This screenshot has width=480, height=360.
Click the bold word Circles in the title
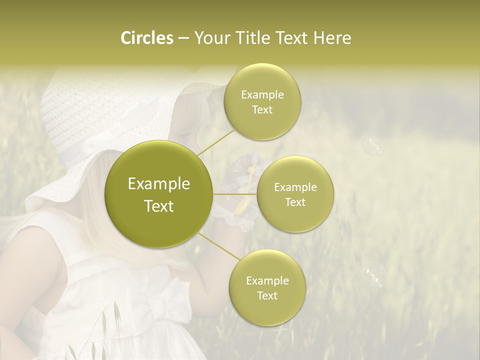(146, 38)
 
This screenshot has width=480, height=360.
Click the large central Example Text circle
(159, 194)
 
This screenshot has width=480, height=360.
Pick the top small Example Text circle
(262, 101)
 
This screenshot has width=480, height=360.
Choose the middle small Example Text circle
(295, 194)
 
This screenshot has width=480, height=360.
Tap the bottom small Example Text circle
(267, 287)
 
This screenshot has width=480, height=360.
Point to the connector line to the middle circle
(235, 193)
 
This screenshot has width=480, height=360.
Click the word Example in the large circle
(159, 184)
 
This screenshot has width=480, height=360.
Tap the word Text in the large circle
(159, 206)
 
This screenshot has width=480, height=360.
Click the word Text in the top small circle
(262, 109)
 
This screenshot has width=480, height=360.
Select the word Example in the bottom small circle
(267, 280)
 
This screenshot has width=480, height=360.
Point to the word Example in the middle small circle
(295, 187)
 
